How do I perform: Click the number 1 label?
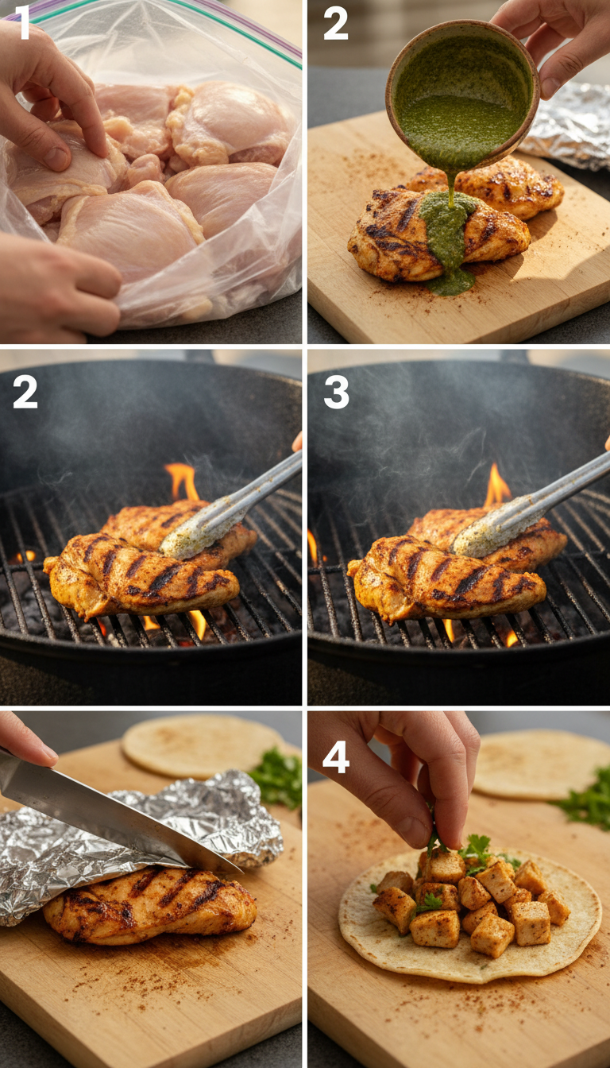coord(24,24)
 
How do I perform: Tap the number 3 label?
coord(336,393)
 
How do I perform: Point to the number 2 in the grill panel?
coord(25,393)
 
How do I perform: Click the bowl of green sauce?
coord(461,95)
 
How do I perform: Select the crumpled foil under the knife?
coord(159,842)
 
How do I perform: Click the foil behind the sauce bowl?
coord(572,127)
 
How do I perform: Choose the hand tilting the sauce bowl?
coord(556,40)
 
